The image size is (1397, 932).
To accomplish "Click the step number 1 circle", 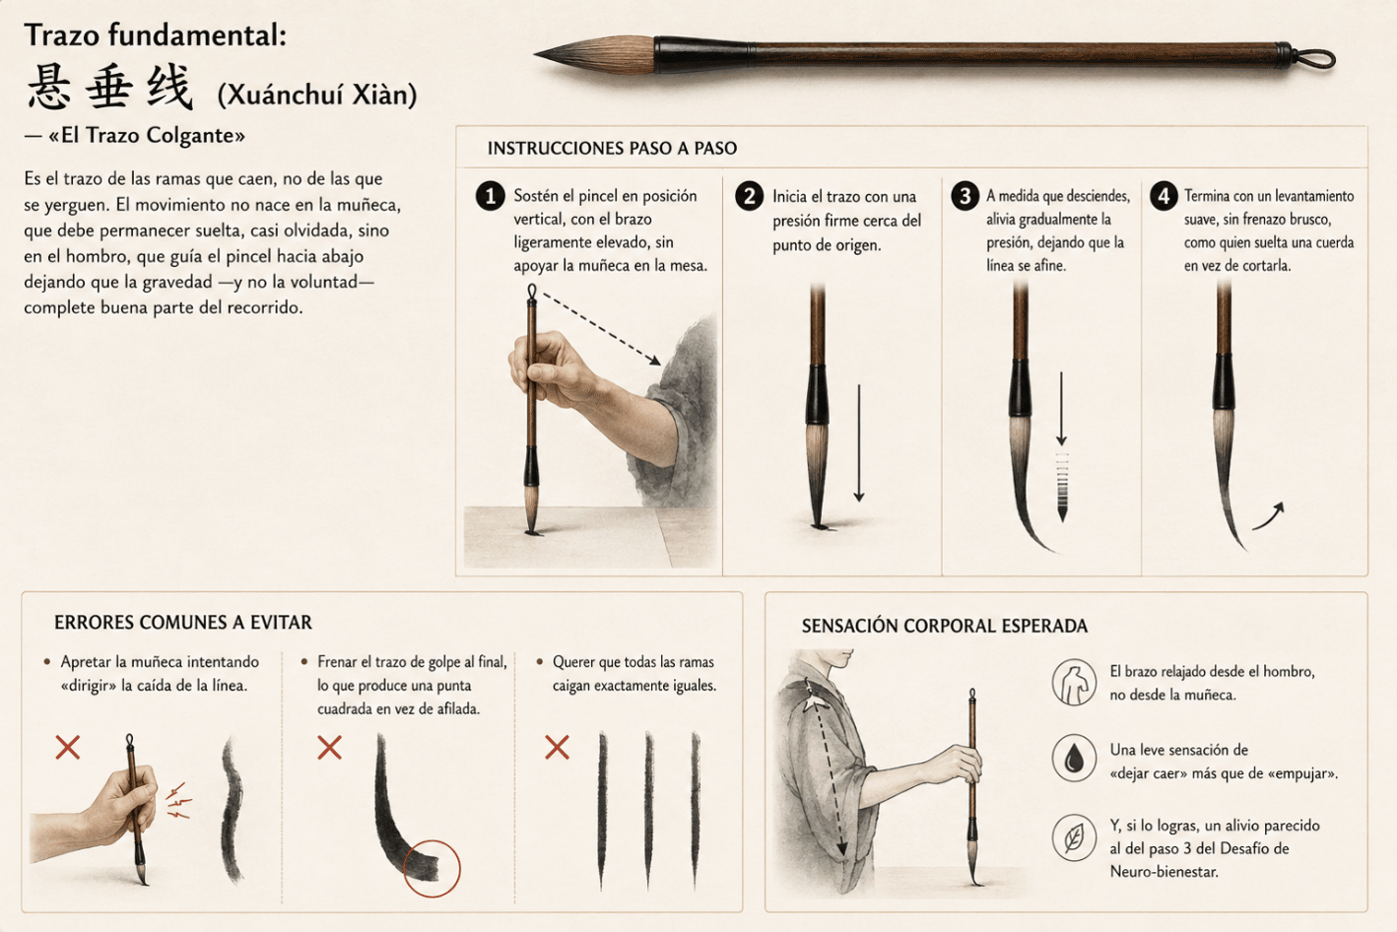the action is (x=491, y=196).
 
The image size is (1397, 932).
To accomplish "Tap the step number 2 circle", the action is (x=749, y=196).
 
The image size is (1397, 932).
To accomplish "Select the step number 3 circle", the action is (x=965, y=196).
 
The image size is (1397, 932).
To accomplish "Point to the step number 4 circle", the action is (x=1164, y=196).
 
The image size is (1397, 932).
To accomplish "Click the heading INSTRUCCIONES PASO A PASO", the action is (x=612, y=149).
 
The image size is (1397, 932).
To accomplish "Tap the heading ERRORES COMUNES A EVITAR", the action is (x=182, y=623).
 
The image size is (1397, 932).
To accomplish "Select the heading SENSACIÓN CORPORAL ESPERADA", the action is (x=944, y=626).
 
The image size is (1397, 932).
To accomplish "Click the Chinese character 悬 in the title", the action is (x=49, y=87).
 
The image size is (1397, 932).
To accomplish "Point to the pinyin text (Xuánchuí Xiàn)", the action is (x=317, y=95).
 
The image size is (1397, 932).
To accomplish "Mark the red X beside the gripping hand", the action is (x=67, y=747).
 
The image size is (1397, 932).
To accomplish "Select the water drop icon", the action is (x=1073, y=759).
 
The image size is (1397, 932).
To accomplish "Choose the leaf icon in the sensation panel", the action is (x=1073, y=837).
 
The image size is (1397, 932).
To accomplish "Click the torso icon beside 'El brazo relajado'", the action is (x=1073, y=682).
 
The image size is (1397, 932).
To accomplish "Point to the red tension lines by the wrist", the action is (x=179, y=800).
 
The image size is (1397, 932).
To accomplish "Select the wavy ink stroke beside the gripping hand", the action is (x=232, y=809).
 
